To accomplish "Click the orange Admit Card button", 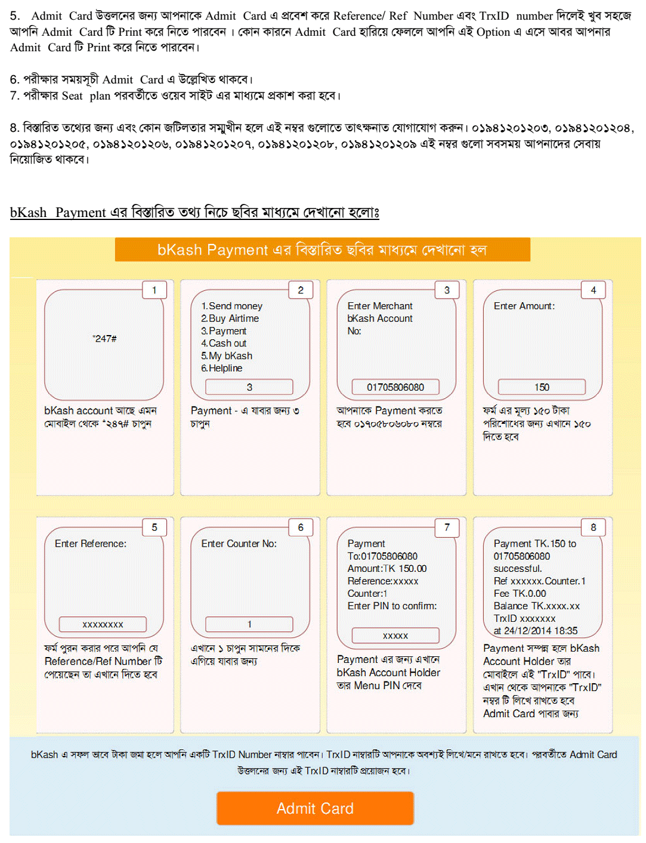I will coord(315,808).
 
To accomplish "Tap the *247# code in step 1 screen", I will coord(104,339).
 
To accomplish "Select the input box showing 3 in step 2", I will coord(249,387).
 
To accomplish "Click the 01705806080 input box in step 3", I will coord(395,387).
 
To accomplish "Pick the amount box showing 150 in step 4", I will coord(542,387).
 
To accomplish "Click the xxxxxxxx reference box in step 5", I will coord(103,624).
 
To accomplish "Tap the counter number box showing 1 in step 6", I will coord(249,624).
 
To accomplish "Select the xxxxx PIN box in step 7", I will coord(395,636).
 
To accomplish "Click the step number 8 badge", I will coord(594,527).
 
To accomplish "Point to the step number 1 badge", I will coord(154,290).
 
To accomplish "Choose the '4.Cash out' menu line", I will coord(224,343).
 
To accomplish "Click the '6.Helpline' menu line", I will coord(222,368).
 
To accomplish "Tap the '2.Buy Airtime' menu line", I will coord(230,318).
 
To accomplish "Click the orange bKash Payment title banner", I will coord(322,250).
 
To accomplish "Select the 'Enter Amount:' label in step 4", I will coord(524,306).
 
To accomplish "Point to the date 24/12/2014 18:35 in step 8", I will coord(540,631).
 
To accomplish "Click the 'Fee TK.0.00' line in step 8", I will coord(520,593).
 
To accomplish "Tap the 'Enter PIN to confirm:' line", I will coord(392,606).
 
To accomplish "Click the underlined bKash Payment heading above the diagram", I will coord(194,212).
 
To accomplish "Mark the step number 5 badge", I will coord(154,527).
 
